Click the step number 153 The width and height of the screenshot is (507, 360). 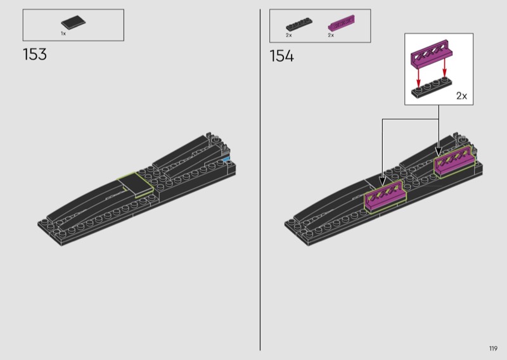(35, 55)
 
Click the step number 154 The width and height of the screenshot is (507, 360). (281, 56)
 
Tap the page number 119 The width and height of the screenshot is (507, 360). (493, 349)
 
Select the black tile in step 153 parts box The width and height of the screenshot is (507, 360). (74, 22)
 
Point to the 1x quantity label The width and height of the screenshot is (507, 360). (63, 34)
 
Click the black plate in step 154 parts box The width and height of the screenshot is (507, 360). (299, 24)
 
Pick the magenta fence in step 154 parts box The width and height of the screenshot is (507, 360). (341, 23)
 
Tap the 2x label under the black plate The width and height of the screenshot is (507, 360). (289, 35)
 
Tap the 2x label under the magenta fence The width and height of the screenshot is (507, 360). (331, 35)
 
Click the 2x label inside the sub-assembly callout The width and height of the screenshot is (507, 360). (461, 96)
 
